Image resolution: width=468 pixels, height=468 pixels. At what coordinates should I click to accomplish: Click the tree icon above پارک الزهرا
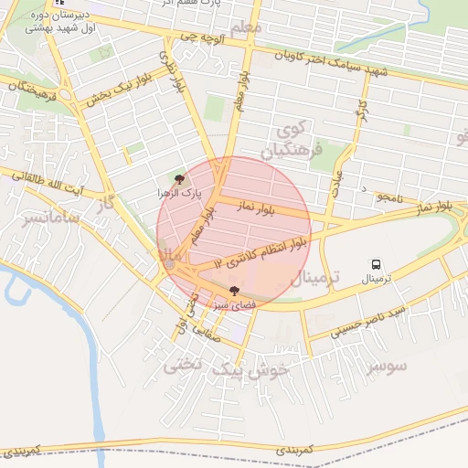178,180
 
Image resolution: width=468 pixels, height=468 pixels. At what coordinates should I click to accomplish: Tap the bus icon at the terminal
375,264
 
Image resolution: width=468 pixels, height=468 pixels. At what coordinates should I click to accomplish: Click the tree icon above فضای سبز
235,290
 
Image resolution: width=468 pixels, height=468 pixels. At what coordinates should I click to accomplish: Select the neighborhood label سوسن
386,367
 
